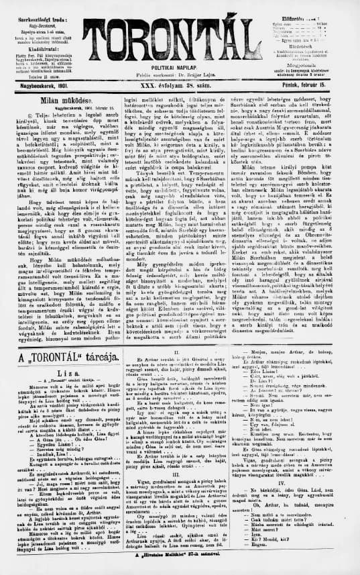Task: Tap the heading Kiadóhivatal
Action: [x=33, y=48]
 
